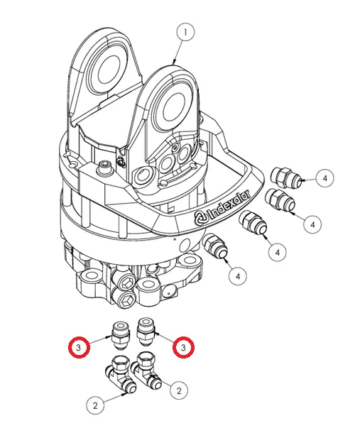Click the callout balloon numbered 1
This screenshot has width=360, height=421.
pyautogui.click(x=185, y=32)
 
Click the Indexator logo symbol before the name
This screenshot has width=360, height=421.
pyautogui.click(x=201, y=218)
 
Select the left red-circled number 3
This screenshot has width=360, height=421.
pyautogui.click(x=79, y=348)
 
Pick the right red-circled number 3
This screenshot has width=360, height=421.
pyautogui.click(x=183, y=348)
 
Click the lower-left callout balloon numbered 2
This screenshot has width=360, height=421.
pyautogui.click(x=95, y=405)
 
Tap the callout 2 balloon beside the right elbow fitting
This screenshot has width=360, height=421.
pyautogui.click(x=179, y=390)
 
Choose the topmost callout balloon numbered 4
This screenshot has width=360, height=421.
pyautogui.click(x=324, y=178)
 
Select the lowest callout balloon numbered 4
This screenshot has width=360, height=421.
pyautogui.click(x=238, y=275)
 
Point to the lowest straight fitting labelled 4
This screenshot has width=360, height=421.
pyautogui.click(x=216, y=246)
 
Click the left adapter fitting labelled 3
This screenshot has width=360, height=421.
pyautogui.click(x=121, y=334)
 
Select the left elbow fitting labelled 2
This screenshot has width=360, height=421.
pyautogui.click(x=120, y=373)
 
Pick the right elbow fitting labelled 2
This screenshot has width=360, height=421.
pyautogui.click(x=148, y=371)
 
